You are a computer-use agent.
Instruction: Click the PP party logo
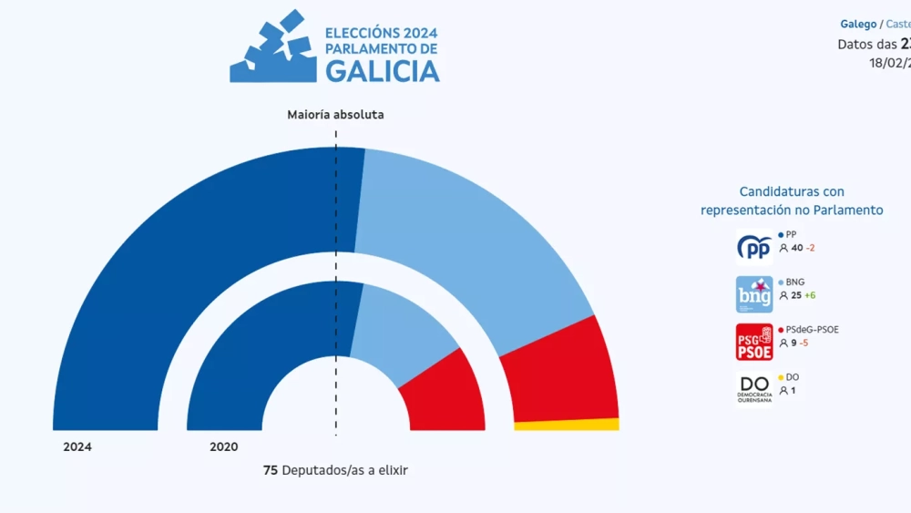pos(754,248)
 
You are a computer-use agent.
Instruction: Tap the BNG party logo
pos(754,294)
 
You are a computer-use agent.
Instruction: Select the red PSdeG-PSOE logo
pos(754,342)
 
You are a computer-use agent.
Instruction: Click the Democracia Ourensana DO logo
pos(754,388)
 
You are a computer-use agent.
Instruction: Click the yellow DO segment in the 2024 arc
pos(567,425)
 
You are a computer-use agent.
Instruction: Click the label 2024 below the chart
pos(77,447)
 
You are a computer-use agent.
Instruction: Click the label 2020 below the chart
pos(224,447)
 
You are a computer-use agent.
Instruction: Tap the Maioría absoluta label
pos(335,115)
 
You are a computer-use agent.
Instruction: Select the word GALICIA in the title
pos(383,71)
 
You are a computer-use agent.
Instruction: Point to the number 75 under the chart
pos(271,470)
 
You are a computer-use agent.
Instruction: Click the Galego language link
pos(858,25)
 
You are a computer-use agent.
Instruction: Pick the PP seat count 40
pos(796,248)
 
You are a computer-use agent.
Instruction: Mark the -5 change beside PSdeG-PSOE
pos(805,343)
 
